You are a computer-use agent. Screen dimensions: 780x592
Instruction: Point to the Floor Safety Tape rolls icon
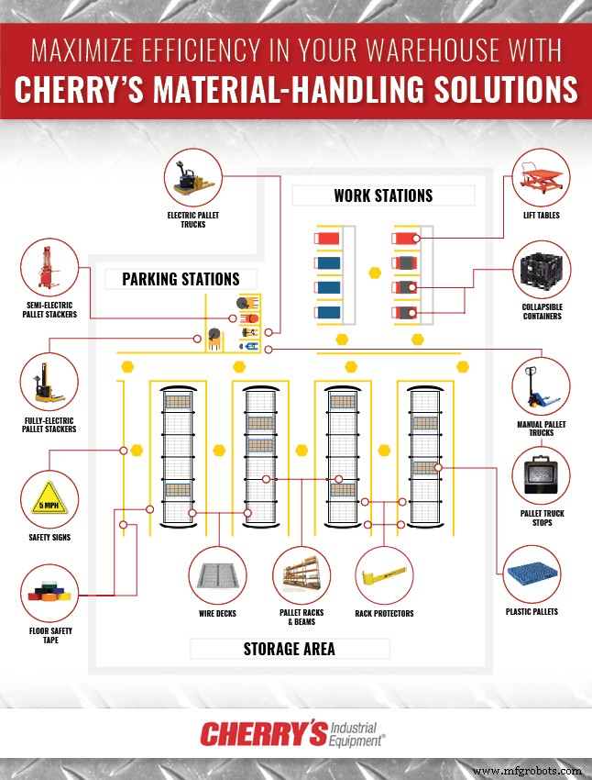pyautogui.click(x=49, y=594)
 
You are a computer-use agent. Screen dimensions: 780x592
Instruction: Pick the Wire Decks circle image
pyautogui.click(x=217, y=575)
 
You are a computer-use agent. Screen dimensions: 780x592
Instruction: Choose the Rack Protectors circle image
pyautogui.click(x=384, y=575)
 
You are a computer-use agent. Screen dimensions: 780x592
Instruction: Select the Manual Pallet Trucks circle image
pyautogui.click(x=541, y=385)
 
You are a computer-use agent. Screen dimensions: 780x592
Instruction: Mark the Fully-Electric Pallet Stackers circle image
pyautogui.click(x=49, y=386)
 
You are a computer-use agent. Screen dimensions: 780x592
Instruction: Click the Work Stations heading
pyautogui.click(x=383, y=195)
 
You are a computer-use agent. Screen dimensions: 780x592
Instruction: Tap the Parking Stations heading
pyautogui.click(x=181, y=279)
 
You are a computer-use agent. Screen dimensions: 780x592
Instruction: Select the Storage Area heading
pyautogui.click(x=289, y=649)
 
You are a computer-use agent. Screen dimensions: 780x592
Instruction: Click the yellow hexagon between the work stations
pyautogui.click(x=374, y=273)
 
